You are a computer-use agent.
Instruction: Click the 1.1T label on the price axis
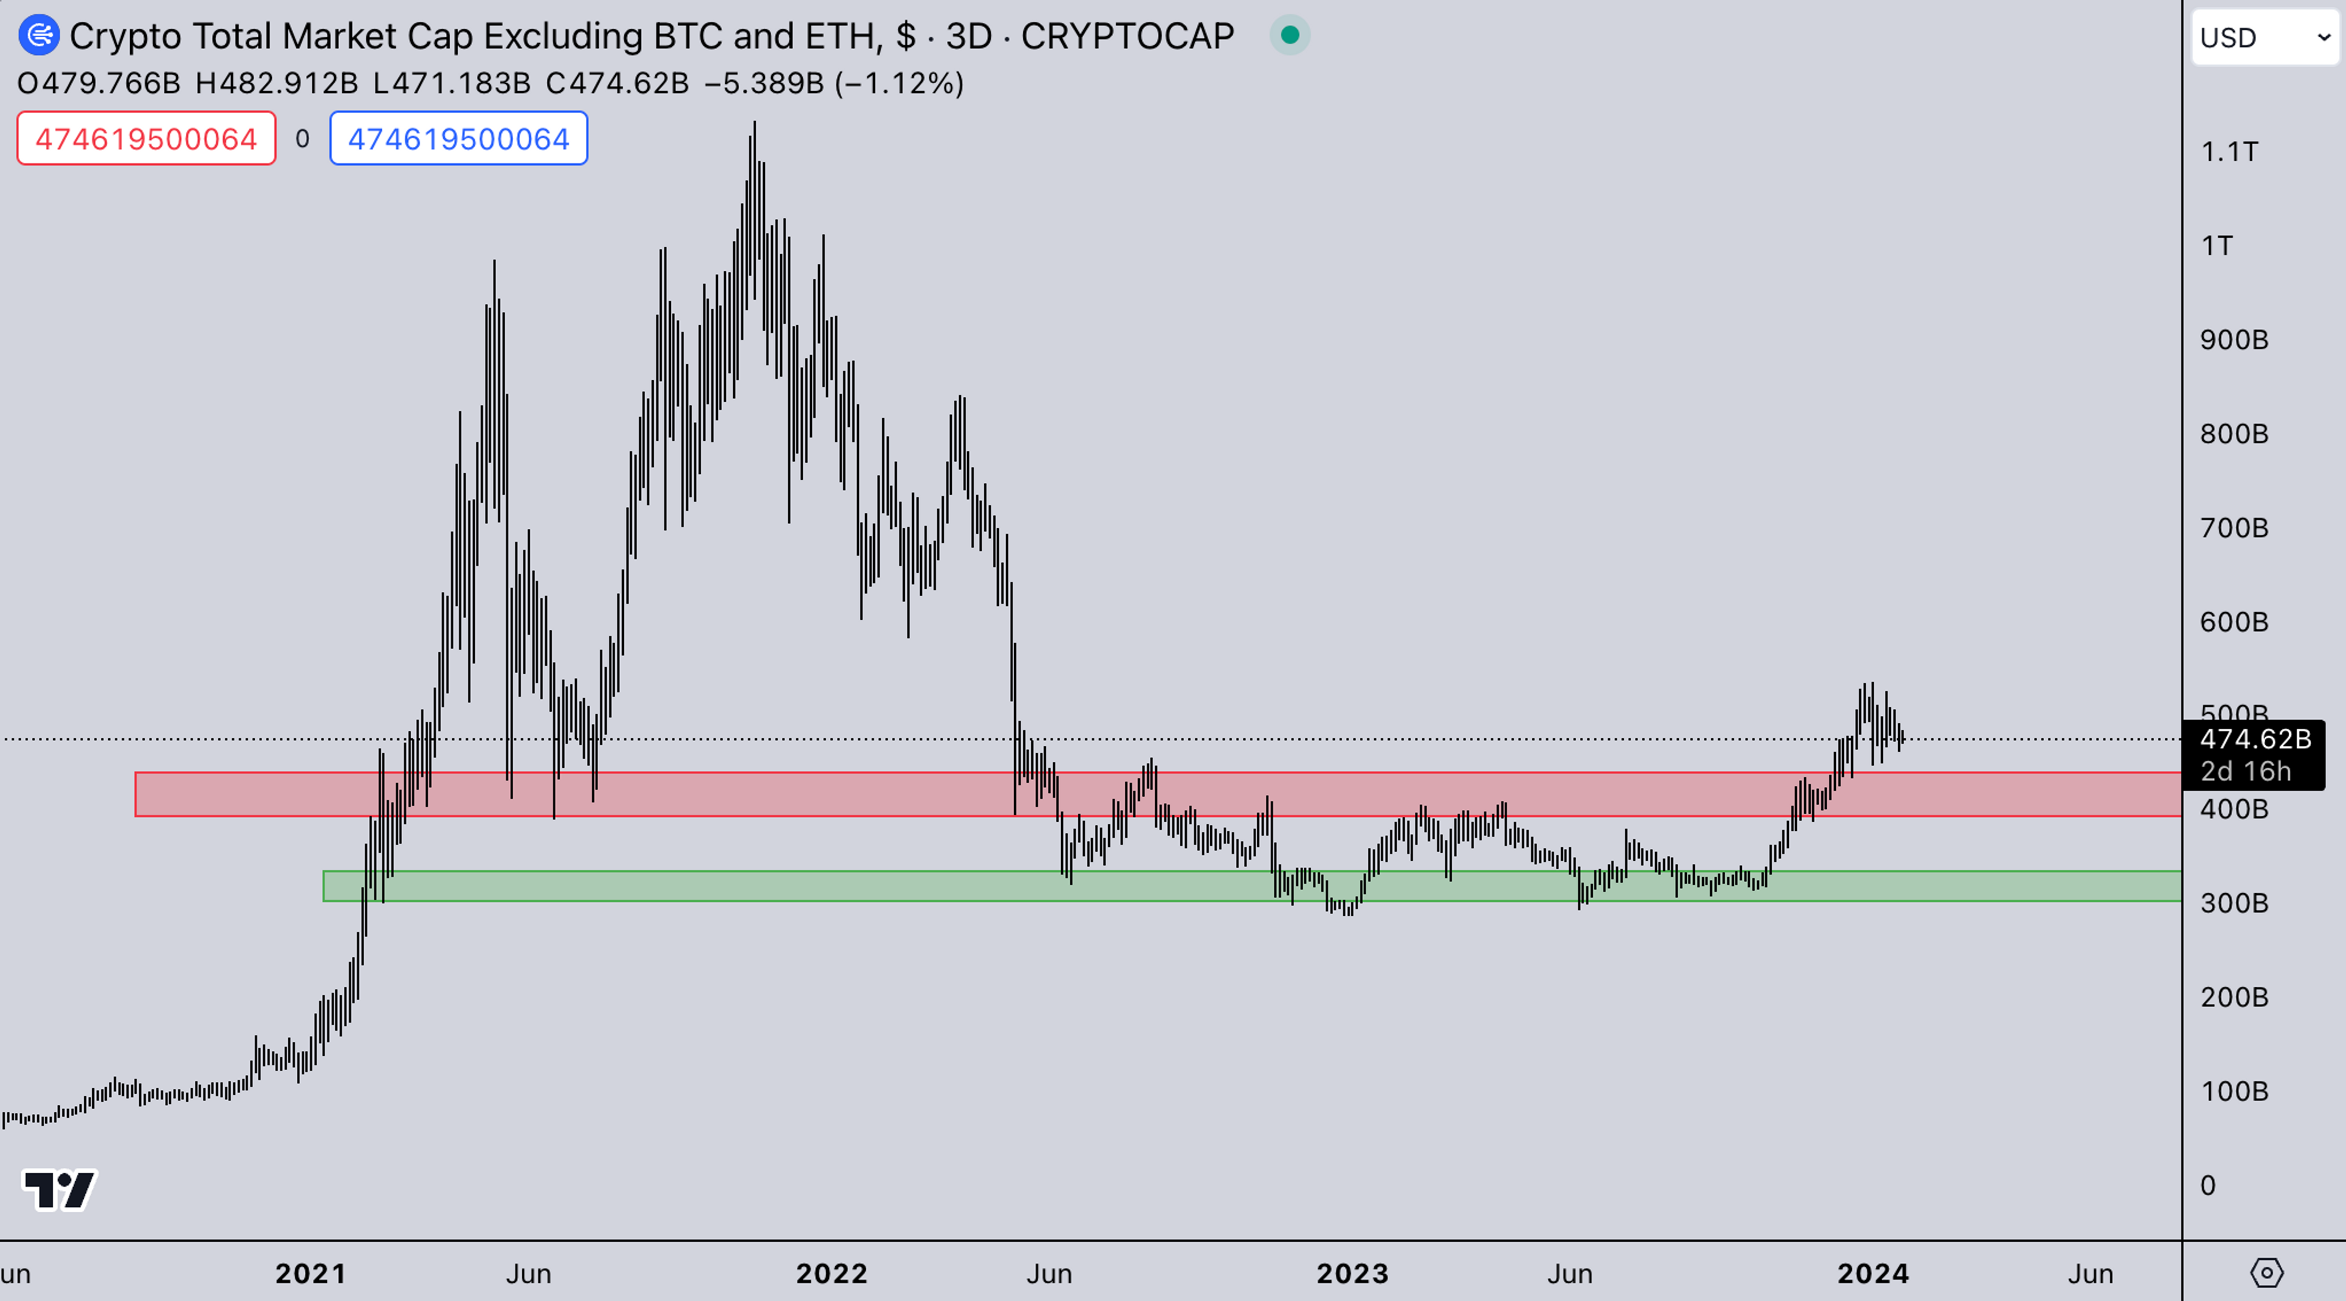coord(2229,151)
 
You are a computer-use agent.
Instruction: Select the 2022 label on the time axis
coord(831,1273)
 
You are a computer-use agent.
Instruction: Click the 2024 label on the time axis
coord(1873,1273)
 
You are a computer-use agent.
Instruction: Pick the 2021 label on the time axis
coord(310,1273)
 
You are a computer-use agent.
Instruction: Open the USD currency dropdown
coord(2264,37)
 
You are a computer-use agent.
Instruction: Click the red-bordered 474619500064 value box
coord(146,139)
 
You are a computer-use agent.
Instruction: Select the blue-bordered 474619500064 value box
coord(458,139)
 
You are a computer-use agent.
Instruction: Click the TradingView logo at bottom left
coord(59,1189)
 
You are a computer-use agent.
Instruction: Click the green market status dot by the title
coord(1290,35)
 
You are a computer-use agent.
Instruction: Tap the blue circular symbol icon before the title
coord(38,35)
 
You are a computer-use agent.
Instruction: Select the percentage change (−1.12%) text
coord(898,84)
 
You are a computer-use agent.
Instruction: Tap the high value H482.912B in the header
coord(276,84)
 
